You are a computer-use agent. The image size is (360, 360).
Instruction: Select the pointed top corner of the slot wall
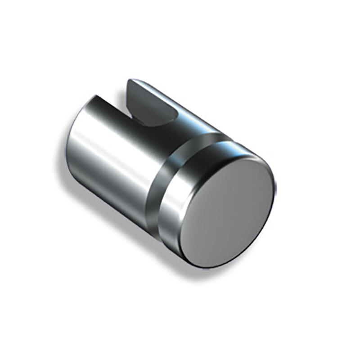[x=130, y=81]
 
